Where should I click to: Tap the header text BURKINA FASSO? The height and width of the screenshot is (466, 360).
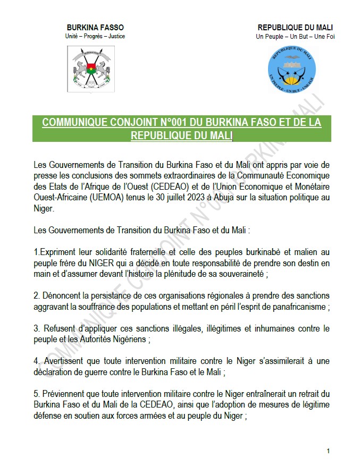95,28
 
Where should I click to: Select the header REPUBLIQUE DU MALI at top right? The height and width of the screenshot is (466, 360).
295,28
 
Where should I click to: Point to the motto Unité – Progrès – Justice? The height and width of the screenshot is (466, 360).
95,36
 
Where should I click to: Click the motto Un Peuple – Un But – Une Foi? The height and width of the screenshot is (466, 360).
295,37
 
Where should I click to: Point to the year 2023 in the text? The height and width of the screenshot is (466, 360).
194,198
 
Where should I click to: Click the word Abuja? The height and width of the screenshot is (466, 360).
223,198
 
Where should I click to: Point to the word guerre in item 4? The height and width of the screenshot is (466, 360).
99,372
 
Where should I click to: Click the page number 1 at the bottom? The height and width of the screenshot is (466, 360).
328,451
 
